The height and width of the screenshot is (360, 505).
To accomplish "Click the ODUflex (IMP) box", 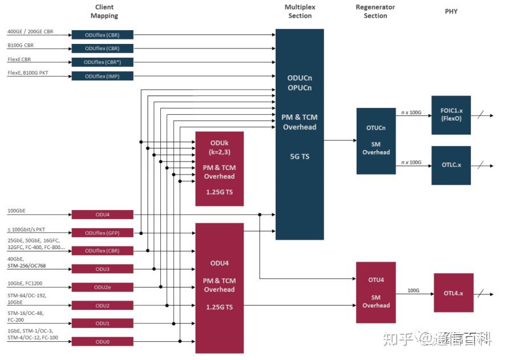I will click(102, 76).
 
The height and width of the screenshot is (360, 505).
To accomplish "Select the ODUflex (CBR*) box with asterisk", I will click(102, 62).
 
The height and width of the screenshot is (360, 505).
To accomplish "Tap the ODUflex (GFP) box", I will click(102, 233).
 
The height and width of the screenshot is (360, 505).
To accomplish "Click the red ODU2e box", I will click(102, 287).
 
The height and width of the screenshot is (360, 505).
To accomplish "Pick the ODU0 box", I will click(102, 341).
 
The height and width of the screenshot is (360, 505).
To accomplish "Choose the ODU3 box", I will click(102, 269).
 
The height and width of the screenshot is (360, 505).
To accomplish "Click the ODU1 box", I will click(102, 323).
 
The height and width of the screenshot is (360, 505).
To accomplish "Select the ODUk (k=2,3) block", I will click(219, 168).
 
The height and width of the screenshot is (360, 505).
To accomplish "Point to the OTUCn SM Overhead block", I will click(376, 140).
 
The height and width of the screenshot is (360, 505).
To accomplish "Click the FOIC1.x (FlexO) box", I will click(451, 115).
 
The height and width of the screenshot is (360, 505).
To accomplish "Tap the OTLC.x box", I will click(451, 165).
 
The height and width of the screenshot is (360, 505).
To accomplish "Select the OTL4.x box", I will click(454, 293).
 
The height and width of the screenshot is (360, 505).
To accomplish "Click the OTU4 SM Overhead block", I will click(376, 293).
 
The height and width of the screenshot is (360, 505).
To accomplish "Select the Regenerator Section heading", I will click(375, 11).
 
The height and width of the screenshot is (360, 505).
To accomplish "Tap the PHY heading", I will click(451, 11).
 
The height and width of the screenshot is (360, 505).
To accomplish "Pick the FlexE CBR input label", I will click(19, 59).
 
